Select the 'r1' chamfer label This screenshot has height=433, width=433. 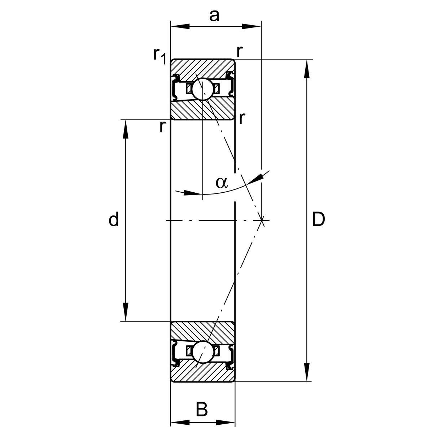tap(159, 55)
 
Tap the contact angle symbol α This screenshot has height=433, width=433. tap(222, 183)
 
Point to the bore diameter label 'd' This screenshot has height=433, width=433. tap(114, 219)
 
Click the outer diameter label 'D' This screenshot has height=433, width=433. tap(318, 219)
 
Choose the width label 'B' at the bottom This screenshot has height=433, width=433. tap(202, 410)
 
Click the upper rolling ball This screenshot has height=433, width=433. tap(202, 89)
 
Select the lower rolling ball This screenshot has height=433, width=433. tap(203, 352)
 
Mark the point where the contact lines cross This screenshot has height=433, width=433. tap(262, 220)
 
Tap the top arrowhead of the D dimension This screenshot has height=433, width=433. tap(307, 69)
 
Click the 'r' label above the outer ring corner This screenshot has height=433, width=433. tap(239, 51)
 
